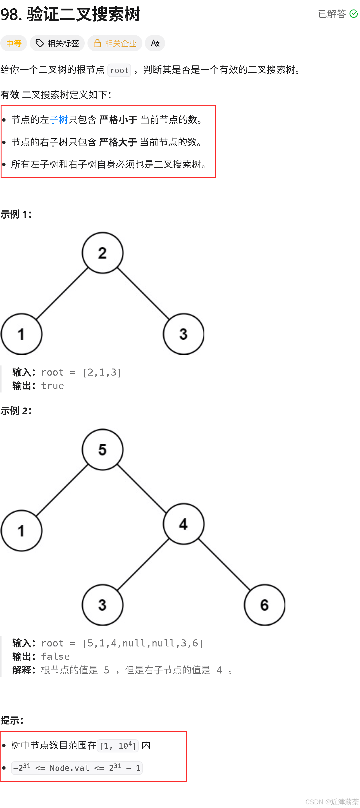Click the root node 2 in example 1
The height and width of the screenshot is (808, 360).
(x=103, y=253)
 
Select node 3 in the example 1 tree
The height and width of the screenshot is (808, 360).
(x=184, y=334)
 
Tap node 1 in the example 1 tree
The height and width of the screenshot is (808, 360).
(x=21, y=334)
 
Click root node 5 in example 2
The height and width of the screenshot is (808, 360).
(x=103, y=450)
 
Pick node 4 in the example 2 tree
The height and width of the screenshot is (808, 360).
(x=184, y=524)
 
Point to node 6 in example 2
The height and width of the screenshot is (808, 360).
(x=264, y=605)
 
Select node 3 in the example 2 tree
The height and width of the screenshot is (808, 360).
(x=103, y=605)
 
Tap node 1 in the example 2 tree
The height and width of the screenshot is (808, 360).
(x=21, y=530)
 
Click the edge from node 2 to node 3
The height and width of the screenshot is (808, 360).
(x=143, y=294)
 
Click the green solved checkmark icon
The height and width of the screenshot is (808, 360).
(x=354, y=14)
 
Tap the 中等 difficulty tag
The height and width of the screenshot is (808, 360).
(x=14, y=43)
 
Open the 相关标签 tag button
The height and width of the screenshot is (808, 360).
(x=57, y=43)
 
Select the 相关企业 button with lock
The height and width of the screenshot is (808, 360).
(x=115, y=43)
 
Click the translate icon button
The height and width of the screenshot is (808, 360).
(x=155, y=43)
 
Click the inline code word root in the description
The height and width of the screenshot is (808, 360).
(x=119, y=70)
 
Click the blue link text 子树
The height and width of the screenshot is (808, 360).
(x=59, y=119)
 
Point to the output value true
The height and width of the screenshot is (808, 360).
(x=52, y=385)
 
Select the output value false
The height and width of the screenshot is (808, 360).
(x=55, y=657)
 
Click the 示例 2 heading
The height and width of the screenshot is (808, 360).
(x=16, y=411)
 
